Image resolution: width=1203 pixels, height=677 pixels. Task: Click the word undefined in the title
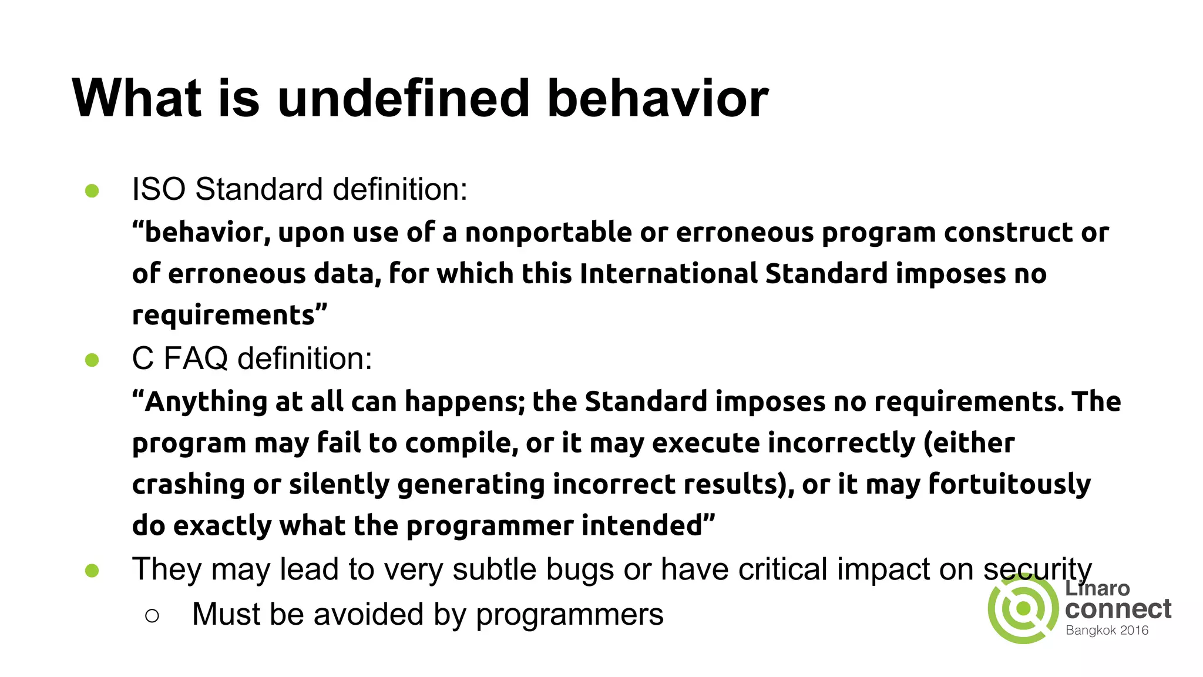[x=404, y=98]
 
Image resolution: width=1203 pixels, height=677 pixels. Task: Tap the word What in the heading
[x=136, y=98]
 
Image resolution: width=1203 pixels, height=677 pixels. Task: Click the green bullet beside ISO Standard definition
[x=92, y=191]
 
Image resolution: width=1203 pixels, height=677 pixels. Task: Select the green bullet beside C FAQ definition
[x=92, y=360]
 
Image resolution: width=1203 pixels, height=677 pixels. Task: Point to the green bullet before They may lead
[x=92, y=571]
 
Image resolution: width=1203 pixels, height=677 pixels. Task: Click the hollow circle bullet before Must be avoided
[x=152, y=615]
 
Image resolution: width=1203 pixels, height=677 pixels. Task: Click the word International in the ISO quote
[x=668, y=274]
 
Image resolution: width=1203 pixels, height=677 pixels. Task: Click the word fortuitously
[x=1009, y=484]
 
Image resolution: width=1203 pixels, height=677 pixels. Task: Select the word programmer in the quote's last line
[x=489, y=526]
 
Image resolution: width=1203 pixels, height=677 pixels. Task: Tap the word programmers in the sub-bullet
[x=569, y=615]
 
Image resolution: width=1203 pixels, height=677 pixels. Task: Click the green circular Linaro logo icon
[x=1023, y=609]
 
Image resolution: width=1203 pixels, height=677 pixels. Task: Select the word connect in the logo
[x=1118, y=609]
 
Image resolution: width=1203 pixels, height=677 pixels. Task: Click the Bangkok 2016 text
[x=1107, y=631]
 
